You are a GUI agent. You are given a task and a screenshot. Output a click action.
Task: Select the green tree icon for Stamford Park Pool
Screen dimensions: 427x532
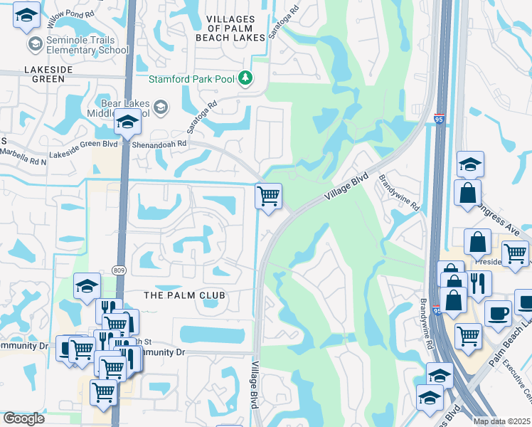pyautogui.click(x=246, y=77)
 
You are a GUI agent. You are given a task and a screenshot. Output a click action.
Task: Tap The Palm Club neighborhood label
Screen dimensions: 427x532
pyautogui.click(x=184, y=295)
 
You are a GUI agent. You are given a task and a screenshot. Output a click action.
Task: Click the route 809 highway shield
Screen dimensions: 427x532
pyautogui.click(x=119, y=270)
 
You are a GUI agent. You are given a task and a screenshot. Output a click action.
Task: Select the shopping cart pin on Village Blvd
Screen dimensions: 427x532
pyautogui.click(x=268, y=196)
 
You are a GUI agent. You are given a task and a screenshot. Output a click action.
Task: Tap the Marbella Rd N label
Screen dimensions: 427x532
pyautogui.click(x=23, y=159)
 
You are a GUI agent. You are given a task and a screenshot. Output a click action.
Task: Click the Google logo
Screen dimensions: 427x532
pyautogui.click(x=23, y=418)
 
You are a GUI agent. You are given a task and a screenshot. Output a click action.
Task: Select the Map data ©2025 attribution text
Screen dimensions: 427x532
pyautogui.click(x=501, y=421)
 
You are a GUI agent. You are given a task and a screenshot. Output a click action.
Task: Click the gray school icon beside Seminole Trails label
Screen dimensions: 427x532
pyautogui.click(x=33, y=45)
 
